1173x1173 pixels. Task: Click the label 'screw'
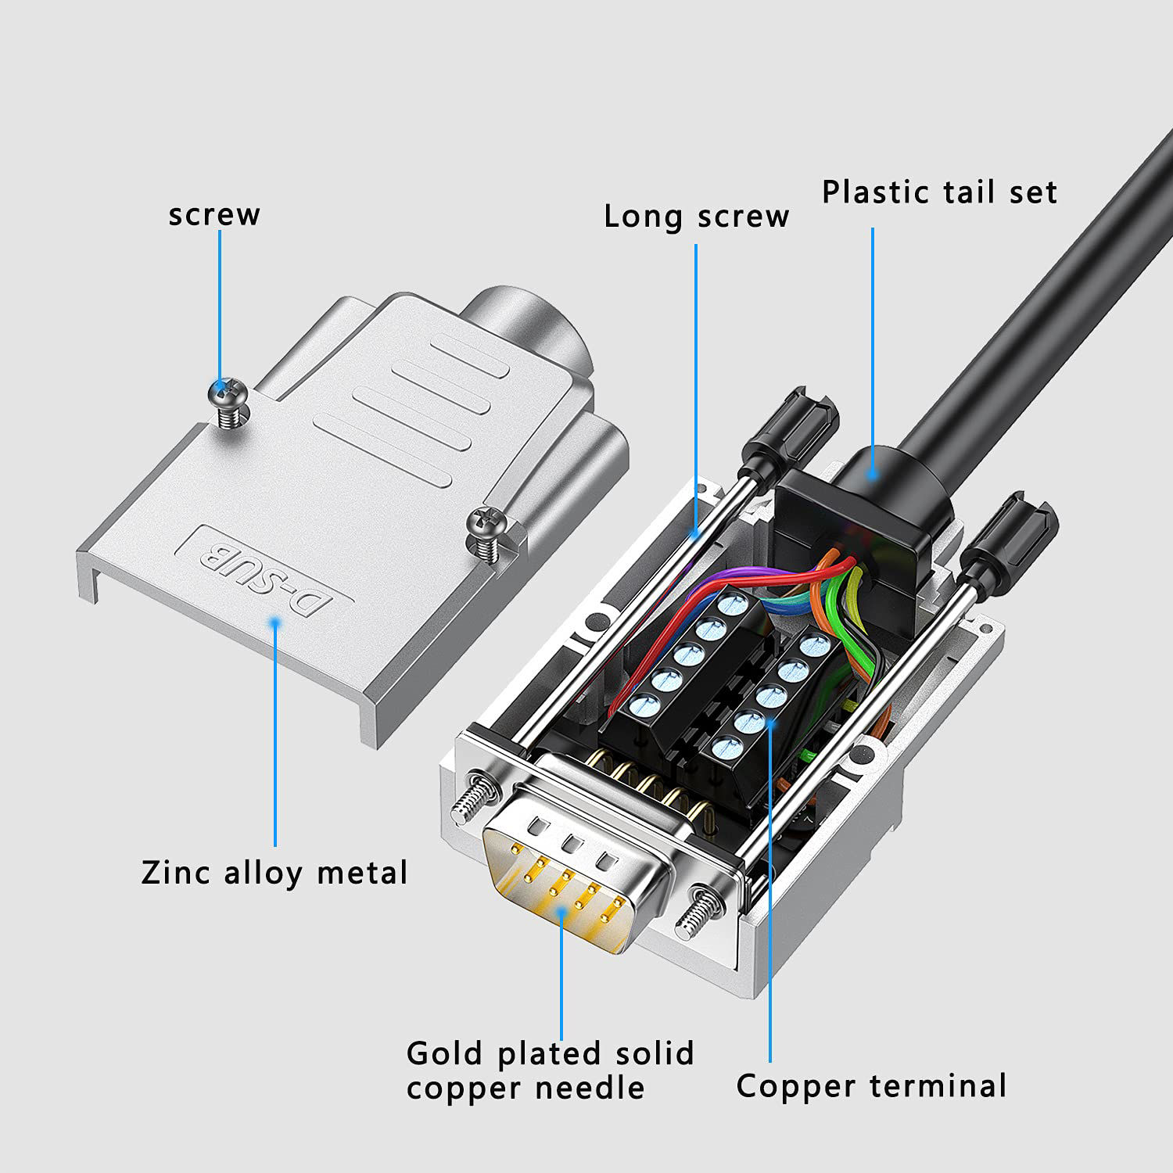214,214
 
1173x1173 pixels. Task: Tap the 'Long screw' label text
696,217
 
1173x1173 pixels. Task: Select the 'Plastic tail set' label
939,192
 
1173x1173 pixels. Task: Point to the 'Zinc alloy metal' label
274,872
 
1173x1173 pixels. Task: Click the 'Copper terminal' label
871,1085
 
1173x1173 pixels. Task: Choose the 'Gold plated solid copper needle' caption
550,1070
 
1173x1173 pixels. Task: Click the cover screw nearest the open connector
486,526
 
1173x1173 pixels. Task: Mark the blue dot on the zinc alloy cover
274,622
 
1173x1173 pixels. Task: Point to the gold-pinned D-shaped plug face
575,876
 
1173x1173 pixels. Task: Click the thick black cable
1056,297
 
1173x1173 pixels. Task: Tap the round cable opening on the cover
532,328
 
